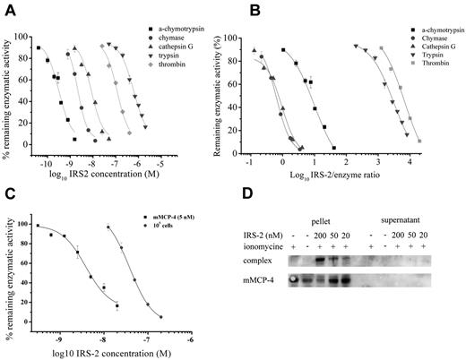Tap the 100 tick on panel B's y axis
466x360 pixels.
pos(267,39)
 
